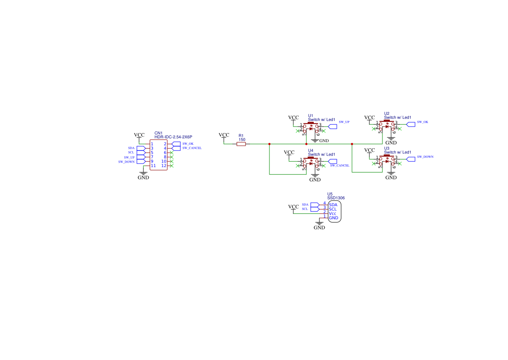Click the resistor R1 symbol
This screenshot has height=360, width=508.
tap(241, 144)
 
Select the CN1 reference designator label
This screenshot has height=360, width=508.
tap(158, 133)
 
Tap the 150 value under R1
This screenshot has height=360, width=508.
tap(242, 140)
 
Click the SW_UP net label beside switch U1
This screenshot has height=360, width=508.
tap(344, 122)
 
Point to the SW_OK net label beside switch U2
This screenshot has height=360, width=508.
tap(422, 122)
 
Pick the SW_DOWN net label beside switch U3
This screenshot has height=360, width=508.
tap(425, 157)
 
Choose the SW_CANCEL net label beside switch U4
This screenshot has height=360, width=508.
tap(339, 166)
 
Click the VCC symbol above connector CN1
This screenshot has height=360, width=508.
tap(139, 135)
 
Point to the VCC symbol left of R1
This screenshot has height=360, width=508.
tap(224, 135)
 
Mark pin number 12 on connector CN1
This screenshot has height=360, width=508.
tap(164, 166)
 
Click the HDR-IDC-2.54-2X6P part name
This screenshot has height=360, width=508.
tap(173, 137)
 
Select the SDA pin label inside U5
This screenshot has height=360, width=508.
tap(333, 205)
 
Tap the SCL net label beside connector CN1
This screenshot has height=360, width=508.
tap(131, 153)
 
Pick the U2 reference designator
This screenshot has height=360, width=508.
tap(387, 113)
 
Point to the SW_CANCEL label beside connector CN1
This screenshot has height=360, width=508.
tap(192, 148)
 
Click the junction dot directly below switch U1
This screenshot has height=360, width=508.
tap(306, 144)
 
